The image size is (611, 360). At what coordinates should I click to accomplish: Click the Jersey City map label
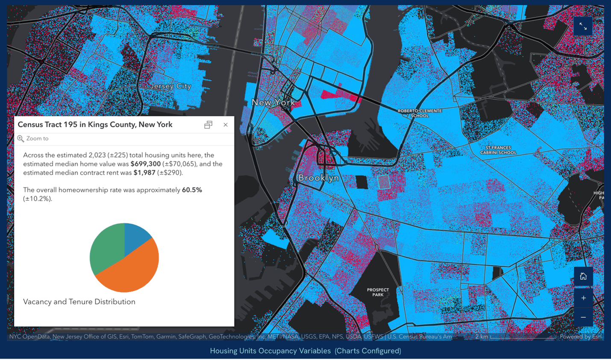click(170, 86)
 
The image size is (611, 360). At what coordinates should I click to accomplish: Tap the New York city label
click(273, 102)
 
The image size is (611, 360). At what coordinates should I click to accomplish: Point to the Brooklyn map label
click(318, 178)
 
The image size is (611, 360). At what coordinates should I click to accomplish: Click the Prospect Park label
click(378, 292)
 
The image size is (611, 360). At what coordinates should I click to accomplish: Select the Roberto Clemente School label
click(420, 113)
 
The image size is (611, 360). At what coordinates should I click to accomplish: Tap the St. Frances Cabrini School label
click(498, 150)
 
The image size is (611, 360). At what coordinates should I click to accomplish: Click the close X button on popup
click(226, 125)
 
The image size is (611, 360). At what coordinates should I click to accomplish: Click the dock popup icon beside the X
click(208, 125)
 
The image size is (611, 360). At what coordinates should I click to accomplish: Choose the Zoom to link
click(37, 138)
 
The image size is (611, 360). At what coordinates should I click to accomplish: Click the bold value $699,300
click(146, 164)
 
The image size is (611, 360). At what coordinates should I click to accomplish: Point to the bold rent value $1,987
click(144, 173)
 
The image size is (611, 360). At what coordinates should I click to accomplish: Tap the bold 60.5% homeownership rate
click(192, 190)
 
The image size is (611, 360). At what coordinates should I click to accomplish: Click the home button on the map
click(583, 276)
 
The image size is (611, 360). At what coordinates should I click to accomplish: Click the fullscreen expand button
click(583, 26)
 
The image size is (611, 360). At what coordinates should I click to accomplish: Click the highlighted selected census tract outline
click(384, 182)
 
